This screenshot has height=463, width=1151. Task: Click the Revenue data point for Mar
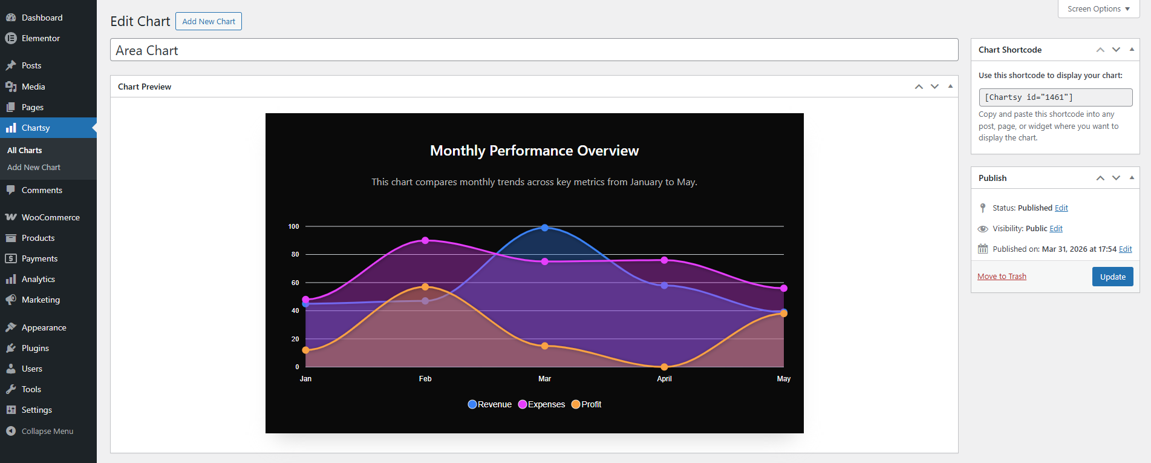click(x=545, y=228)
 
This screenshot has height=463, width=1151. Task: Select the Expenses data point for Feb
click(x=425, y=240)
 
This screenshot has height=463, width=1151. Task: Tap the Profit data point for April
click(x=664, y=367)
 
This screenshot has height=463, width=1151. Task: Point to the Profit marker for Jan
click(x=305, y=350)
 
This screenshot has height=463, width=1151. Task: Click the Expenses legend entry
click(x=541, y=404)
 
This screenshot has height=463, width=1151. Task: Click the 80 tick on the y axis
click(x=295, y=254)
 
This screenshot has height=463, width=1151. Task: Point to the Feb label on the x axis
click(x=425, y=379)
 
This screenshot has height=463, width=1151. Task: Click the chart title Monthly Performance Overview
click(x=534, y=151)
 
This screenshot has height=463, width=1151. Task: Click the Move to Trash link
click(x=1002, y=277)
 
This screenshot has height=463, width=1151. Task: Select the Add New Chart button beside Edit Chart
click(x=209, y=21)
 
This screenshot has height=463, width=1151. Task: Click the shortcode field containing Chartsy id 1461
click(x=1055, y=97)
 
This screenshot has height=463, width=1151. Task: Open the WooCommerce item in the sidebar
click(x=50, y=217)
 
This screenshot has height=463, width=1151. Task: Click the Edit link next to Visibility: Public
click(x=1056, y=229)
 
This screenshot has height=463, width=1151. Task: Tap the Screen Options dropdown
click(x=1098, y=9)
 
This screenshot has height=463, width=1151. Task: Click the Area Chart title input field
click(x=533, y=50)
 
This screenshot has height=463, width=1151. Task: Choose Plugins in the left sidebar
click(x=35, y=348)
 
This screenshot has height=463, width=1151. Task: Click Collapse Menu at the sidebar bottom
click(x=47, y=431)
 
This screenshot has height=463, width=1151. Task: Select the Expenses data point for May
click(x=784, y=288)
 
